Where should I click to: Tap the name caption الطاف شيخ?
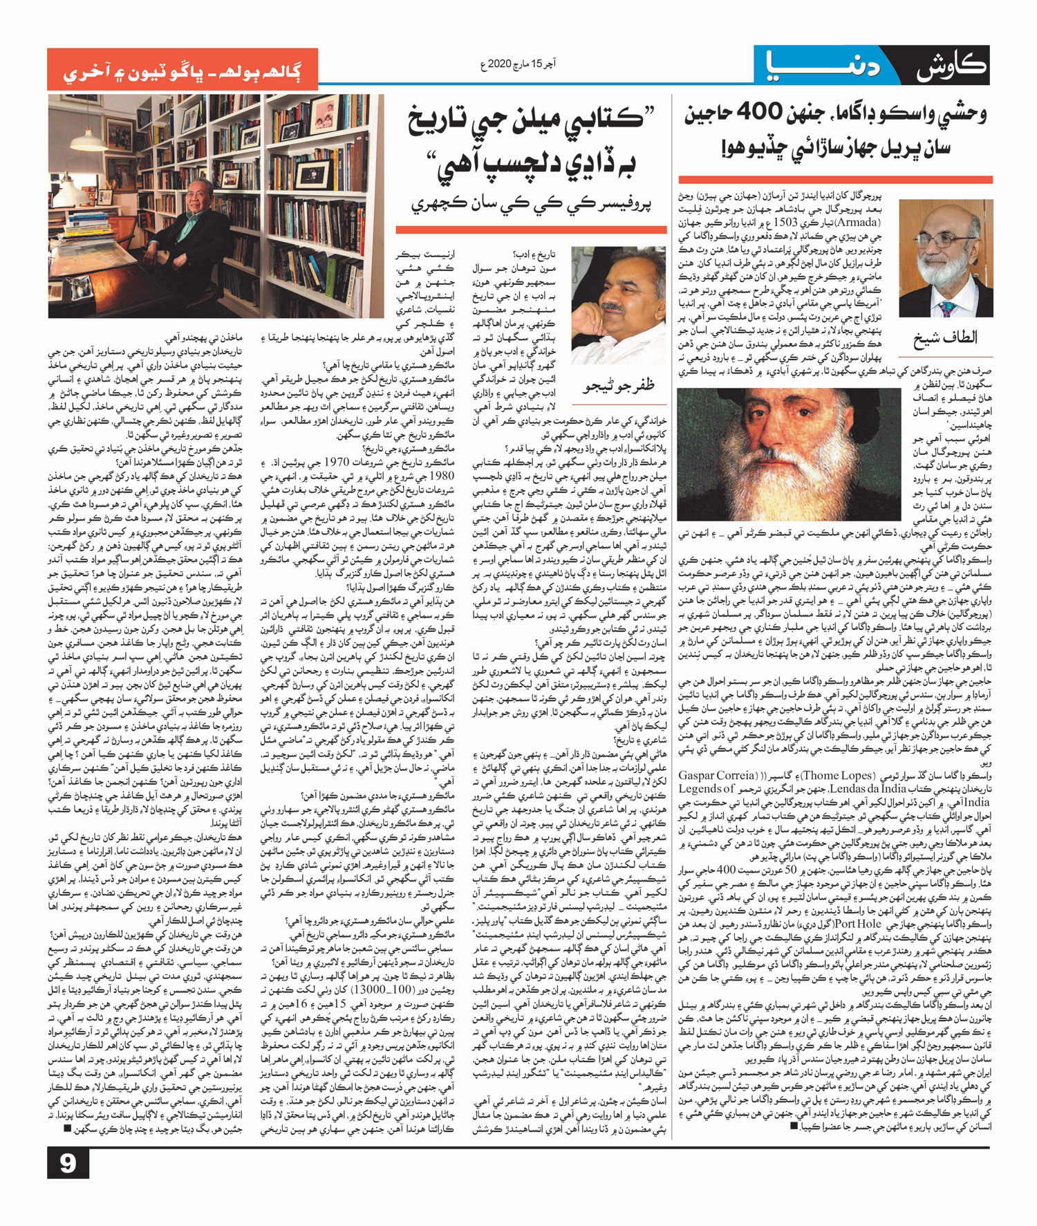(x=946, y=337)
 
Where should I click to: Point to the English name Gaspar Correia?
(x=716, y=776)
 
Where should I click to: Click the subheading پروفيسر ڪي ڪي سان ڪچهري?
(x=532, y=204)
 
